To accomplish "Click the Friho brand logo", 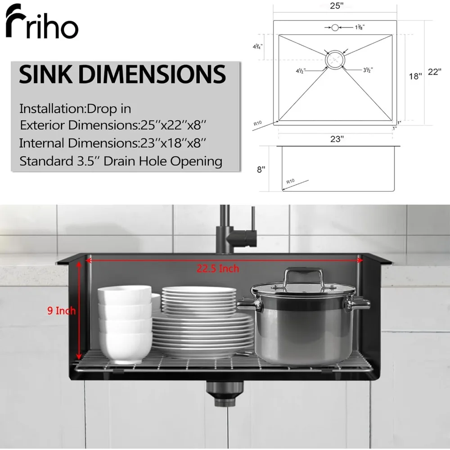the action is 41,21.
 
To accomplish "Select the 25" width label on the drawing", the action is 337,5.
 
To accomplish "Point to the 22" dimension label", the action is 435,72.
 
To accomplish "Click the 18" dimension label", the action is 415,76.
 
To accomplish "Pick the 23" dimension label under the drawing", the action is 337,139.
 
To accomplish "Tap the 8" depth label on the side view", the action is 261,170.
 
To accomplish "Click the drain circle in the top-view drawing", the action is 335,60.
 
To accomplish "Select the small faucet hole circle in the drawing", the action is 335,27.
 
